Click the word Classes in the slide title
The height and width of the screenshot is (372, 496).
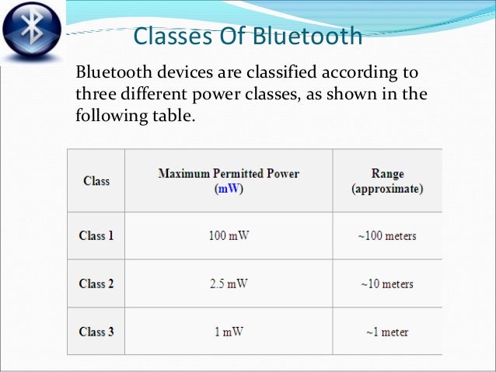[x=170, y=37]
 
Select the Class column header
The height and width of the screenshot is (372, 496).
[x=96, y=181]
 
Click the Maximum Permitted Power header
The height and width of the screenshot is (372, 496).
[x=229, y=172]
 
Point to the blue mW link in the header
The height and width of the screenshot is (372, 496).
[x=229, y=188]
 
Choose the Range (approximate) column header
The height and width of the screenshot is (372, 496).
[x=387, y=180]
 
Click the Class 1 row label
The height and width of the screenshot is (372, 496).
[x=96, y=236]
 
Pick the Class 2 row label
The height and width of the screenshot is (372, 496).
[x=96, y=283]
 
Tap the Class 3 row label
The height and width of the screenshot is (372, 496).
[x=96, y=332]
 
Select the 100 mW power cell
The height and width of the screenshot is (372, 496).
[x=229, y=236]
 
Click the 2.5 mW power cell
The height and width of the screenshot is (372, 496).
[x=229, y=283]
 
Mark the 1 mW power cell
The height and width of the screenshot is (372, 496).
[x=229, y=332]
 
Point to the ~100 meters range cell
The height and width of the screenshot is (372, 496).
[x=388, y=236]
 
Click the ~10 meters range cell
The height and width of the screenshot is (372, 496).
[x=388, y=283]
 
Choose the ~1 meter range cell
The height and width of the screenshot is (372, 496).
[x=388, y=332]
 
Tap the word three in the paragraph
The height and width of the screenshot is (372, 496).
[x=95, y=96]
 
